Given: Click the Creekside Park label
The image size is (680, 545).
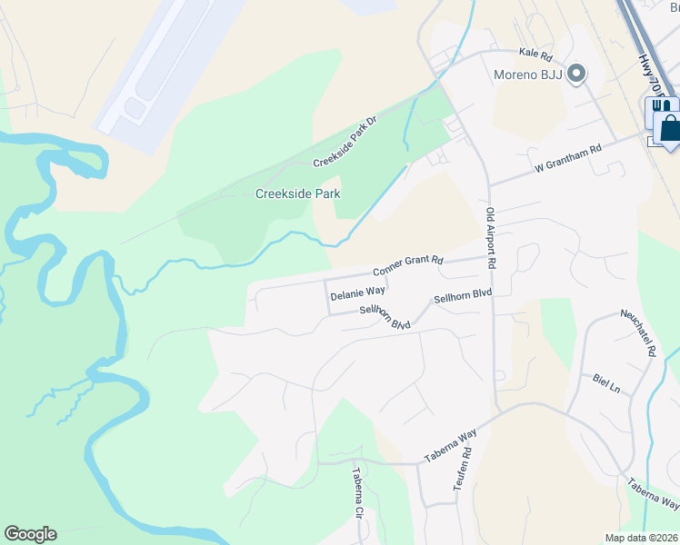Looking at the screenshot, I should [297, 193].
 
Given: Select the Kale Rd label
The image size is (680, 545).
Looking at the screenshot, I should [536, 54].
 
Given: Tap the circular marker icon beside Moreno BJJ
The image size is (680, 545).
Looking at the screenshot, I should [575, 74].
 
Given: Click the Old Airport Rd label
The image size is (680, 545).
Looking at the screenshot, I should [491, 237].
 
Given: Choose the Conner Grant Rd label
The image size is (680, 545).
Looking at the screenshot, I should [407, 266].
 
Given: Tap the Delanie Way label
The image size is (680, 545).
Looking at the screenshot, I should [357, 294].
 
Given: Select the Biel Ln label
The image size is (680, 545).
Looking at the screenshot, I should [605, 383].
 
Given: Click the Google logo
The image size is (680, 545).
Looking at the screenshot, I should [30, 534].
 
